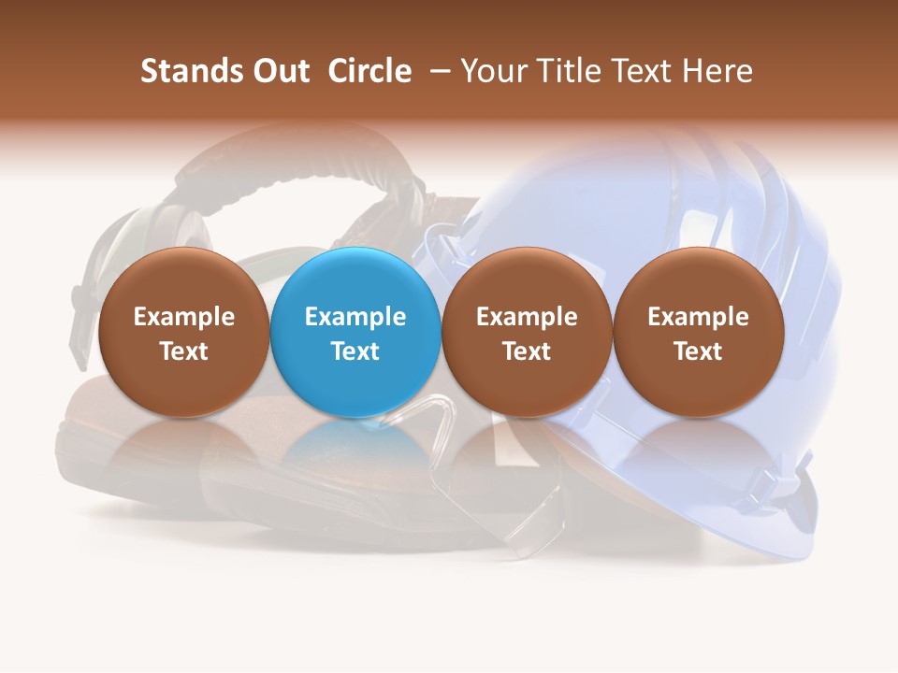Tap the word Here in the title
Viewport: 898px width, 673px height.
click(717, 71)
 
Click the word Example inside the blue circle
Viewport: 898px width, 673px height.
click(355, 317)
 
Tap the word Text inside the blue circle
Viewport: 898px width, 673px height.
click(355, 351)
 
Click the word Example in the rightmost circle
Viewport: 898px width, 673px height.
click(698, 317)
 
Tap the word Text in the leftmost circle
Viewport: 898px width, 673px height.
click(183, 351)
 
